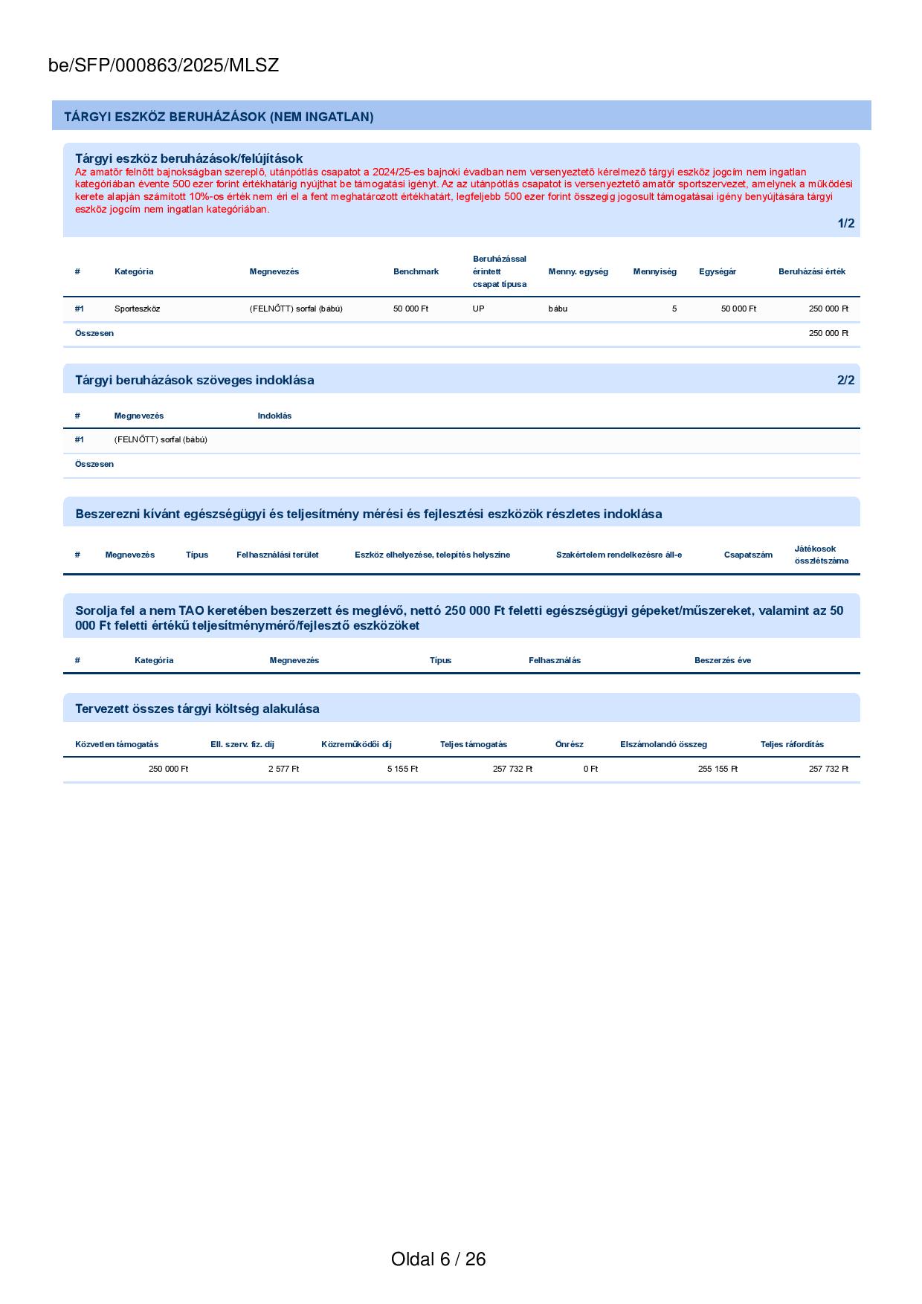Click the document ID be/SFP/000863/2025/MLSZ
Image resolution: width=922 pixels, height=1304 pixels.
(164, 65)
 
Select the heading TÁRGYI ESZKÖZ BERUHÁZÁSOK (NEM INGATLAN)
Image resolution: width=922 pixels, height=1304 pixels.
(219, 117)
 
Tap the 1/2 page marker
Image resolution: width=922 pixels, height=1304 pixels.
(845, 224)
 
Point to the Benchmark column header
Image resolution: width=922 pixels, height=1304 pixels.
(416, 271)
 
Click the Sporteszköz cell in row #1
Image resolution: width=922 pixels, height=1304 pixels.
(137, 309)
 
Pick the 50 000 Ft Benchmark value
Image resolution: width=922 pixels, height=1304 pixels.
(410, 309)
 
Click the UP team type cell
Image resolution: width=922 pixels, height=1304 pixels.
(478, 309)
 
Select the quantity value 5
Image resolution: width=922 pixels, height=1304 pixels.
(674, 309)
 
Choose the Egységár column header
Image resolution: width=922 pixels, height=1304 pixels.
(717, 271)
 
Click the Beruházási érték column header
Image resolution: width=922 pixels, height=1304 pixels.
(811, 271)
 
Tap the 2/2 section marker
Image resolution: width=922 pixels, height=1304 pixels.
(845, 381)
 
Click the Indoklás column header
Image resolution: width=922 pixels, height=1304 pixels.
(274, 416)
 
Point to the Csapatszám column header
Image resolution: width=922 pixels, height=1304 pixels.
(748, 555)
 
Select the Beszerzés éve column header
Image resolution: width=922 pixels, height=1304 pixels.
(722, 660)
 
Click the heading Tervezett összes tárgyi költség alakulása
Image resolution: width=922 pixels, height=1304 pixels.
(197, 709)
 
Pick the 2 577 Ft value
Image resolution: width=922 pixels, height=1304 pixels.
(283, 769)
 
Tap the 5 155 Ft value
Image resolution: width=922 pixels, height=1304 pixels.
(402, 769)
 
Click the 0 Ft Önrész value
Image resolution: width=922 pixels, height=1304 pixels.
(590, 769)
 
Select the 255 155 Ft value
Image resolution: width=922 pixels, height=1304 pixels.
(718, 769)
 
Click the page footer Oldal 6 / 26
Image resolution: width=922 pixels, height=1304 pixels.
(438, 1259)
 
